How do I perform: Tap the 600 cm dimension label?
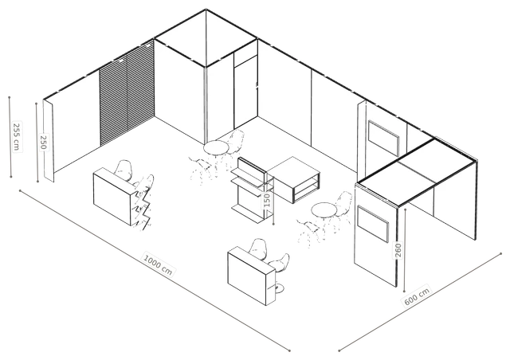coord(418,295)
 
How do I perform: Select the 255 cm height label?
coord(17,136)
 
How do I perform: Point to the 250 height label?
coord(43,142)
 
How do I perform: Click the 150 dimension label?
coord(267,201)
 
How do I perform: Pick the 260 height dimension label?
coord(398,250)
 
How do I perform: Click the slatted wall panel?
coord(127,94)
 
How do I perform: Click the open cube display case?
coord(294,179)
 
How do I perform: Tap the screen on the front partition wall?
coord(373,224)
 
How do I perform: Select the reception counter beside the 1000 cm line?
coord(252,276)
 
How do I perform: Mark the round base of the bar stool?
coord(279,288)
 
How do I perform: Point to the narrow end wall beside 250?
coord(48,140)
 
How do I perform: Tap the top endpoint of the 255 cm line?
coord(10,97)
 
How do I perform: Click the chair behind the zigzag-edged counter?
coord(124,170)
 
